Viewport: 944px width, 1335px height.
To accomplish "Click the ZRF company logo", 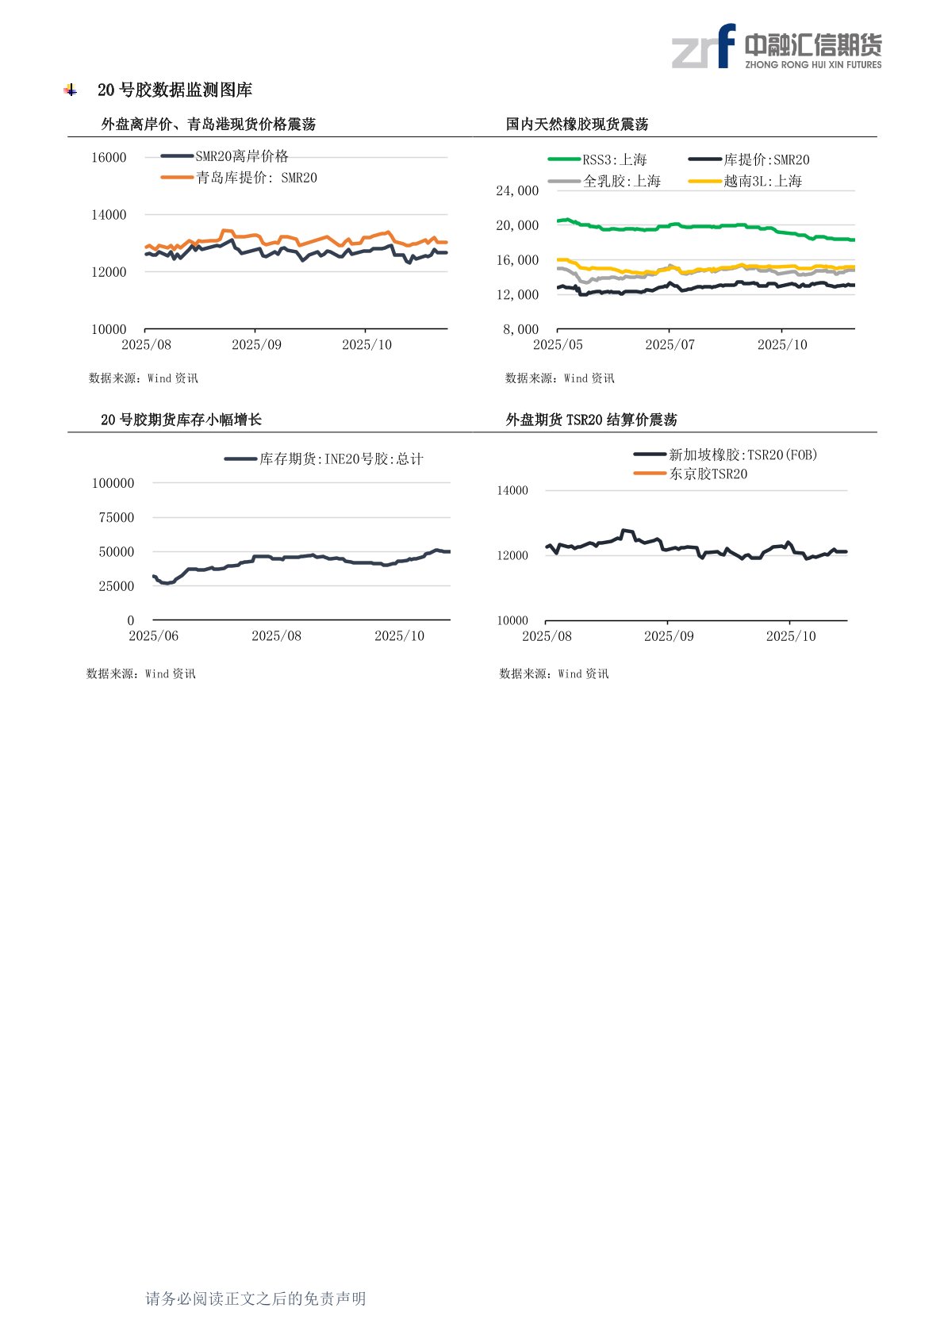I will point(776,47).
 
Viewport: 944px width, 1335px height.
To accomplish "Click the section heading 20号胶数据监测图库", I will point(175,90).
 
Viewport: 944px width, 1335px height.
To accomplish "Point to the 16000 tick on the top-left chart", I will point(109,157).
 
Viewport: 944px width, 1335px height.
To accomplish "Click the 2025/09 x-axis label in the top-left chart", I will point(256,344).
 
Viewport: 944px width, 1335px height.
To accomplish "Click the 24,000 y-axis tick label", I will point(517,190).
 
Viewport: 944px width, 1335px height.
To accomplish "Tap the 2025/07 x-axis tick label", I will point(670,344).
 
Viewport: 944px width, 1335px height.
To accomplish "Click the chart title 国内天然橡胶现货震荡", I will point(577,124).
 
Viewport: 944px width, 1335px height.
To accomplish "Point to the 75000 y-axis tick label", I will point(116,517).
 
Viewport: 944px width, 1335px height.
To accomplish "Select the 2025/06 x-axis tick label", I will point(153,635).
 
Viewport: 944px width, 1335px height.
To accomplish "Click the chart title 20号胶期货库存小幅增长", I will point(181,420).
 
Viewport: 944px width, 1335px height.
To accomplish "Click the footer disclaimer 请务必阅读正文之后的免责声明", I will point(255,1299).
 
